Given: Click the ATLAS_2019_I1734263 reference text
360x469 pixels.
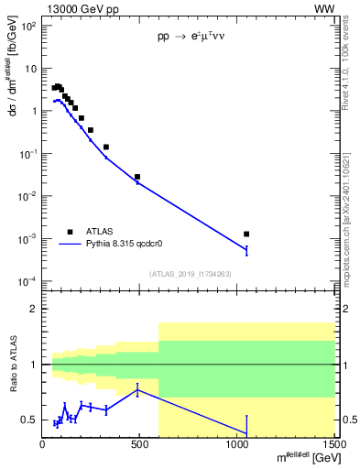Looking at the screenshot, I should point(189,273).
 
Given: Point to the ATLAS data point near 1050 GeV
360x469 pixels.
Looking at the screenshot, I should point(246,234).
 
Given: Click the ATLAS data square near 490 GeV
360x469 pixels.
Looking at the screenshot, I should point(137,177).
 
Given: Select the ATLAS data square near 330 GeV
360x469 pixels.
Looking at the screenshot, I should point(106,147).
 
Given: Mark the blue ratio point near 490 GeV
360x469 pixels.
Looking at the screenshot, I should point(137,390).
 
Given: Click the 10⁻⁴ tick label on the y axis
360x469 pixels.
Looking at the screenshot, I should point(27,280).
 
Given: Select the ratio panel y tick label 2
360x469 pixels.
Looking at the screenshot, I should point(33,309).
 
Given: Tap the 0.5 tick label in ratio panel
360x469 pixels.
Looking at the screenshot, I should point(29,420).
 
